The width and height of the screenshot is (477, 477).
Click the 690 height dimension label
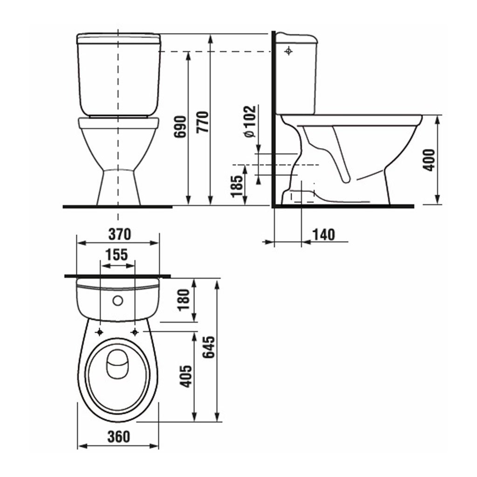(180, 127)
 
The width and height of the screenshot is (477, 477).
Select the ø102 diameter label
(250, 122)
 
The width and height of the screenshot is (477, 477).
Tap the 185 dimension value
(238, 186)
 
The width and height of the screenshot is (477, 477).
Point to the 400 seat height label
(429, 160)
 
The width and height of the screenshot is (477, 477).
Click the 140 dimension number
(324, 235)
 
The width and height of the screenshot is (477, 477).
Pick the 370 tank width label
(120, 234)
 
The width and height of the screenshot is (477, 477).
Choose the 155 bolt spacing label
(117, 255)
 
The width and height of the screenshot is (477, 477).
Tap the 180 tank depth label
(184, 300)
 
